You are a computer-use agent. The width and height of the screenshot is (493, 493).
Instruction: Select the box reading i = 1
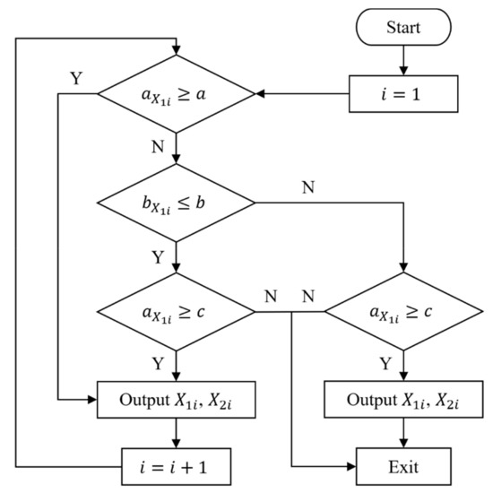click(404, 92)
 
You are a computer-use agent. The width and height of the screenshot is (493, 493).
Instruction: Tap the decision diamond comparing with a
click(178, 92)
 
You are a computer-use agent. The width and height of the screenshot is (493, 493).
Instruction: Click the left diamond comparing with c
click(178, 312)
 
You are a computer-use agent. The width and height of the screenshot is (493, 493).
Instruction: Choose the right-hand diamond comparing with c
click(404, 312)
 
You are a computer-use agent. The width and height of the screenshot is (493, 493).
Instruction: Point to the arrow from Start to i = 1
click(404, 60)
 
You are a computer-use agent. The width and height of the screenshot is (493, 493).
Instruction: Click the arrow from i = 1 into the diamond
click(305, 92)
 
